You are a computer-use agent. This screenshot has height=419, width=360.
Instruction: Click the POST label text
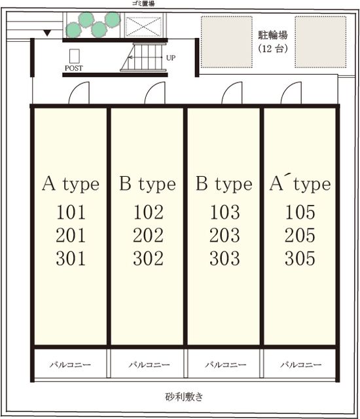point(74,68)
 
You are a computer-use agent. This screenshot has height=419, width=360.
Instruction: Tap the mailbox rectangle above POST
point(75,56)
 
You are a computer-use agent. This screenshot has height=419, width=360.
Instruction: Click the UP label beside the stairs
point(171,58)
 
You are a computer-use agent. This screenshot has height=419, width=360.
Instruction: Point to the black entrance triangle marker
point(47,33)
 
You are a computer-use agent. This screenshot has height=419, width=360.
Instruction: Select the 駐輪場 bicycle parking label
point(273,35)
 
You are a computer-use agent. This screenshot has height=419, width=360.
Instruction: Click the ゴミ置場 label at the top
point(143,3)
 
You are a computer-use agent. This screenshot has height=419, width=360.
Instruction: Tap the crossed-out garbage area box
point(144,26)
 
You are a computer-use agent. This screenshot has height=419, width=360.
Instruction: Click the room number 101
point(71,212)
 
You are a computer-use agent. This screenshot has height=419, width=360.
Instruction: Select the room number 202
point(148,236)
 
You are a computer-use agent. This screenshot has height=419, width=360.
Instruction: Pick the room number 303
point(225,259)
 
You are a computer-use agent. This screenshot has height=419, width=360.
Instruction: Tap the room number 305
point(300,259)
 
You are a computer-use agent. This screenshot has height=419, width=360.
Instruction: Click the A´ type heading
point(300,184)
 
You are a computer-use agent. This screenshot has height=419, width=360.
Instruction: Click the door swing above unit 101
point(79,93)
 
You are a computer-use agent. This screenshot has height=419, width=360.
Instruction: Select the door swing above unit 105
point(291,93)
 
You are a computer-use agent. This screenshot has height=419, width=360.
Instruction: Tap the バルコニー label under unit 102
point(149,365)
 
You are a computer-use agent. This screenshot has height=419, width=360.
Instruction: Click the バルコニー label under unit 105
point(300,365)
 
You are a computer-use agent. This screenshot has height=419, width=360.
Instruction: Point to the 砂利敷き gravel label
point(184,397)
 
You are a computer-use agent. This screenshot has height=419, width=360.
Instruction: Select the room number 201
point(71,236)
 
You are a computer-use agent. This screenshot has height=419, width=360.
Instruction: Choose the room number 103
point(225,212)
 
